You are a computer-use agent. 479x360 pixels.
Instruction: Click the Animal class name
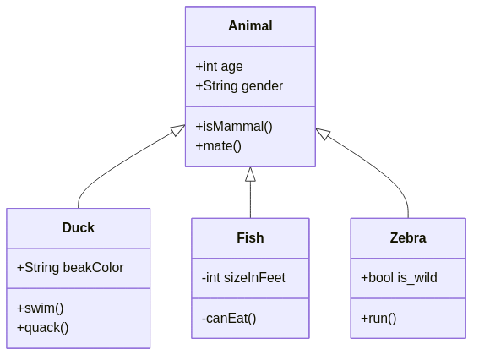tap(250, 26)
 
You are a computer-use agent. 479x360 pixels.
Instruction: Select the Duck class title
tap(78, 227)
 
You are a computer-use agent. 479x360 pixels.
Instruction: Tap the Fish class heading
tap(250, 237)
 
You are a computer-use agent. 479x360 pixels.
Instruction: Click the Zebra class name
tap(407, 237)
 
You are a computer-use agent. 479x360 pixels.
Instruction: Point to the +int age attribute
tap(219, 67)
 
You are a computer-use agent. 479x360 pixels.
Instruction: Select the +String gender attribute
tap(239, 85)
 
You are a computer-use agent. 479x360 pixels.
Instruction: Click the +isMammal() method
tap(234, 127)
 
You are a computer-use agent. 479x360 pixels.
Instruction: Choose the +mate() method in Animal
tap(218, 145)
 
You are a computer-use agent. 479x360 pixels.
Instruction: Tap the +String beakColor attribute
tap(70, 268)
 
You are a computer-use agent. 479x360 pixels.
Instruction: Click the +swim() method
tap(40, 308)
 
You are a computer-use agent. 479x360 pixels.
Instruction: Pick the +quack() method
tap(42, 327)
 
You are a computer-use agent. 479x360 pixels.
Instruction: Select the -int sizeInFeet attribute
tap(243, 278)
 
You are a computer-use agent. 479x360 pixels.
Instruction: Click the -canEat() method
tap(229, 319)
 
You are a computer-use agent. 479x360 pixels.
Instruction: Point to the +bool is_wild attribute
tap(399, 278)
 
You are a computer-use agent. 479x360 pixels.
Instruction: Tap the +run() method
tap(378, 319)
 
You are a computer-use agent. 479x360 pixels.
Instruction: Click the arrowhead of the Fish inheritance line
tap(250, 174)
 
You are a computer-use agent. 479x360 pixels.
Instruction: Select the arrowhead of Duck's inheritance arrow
tap(177, 130)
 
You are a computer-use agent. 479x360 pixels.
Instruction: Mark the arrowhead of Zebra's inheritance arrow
tap(323, 133)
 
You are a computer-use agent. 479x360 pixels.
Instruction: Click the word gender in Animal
tap(262, 85)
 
